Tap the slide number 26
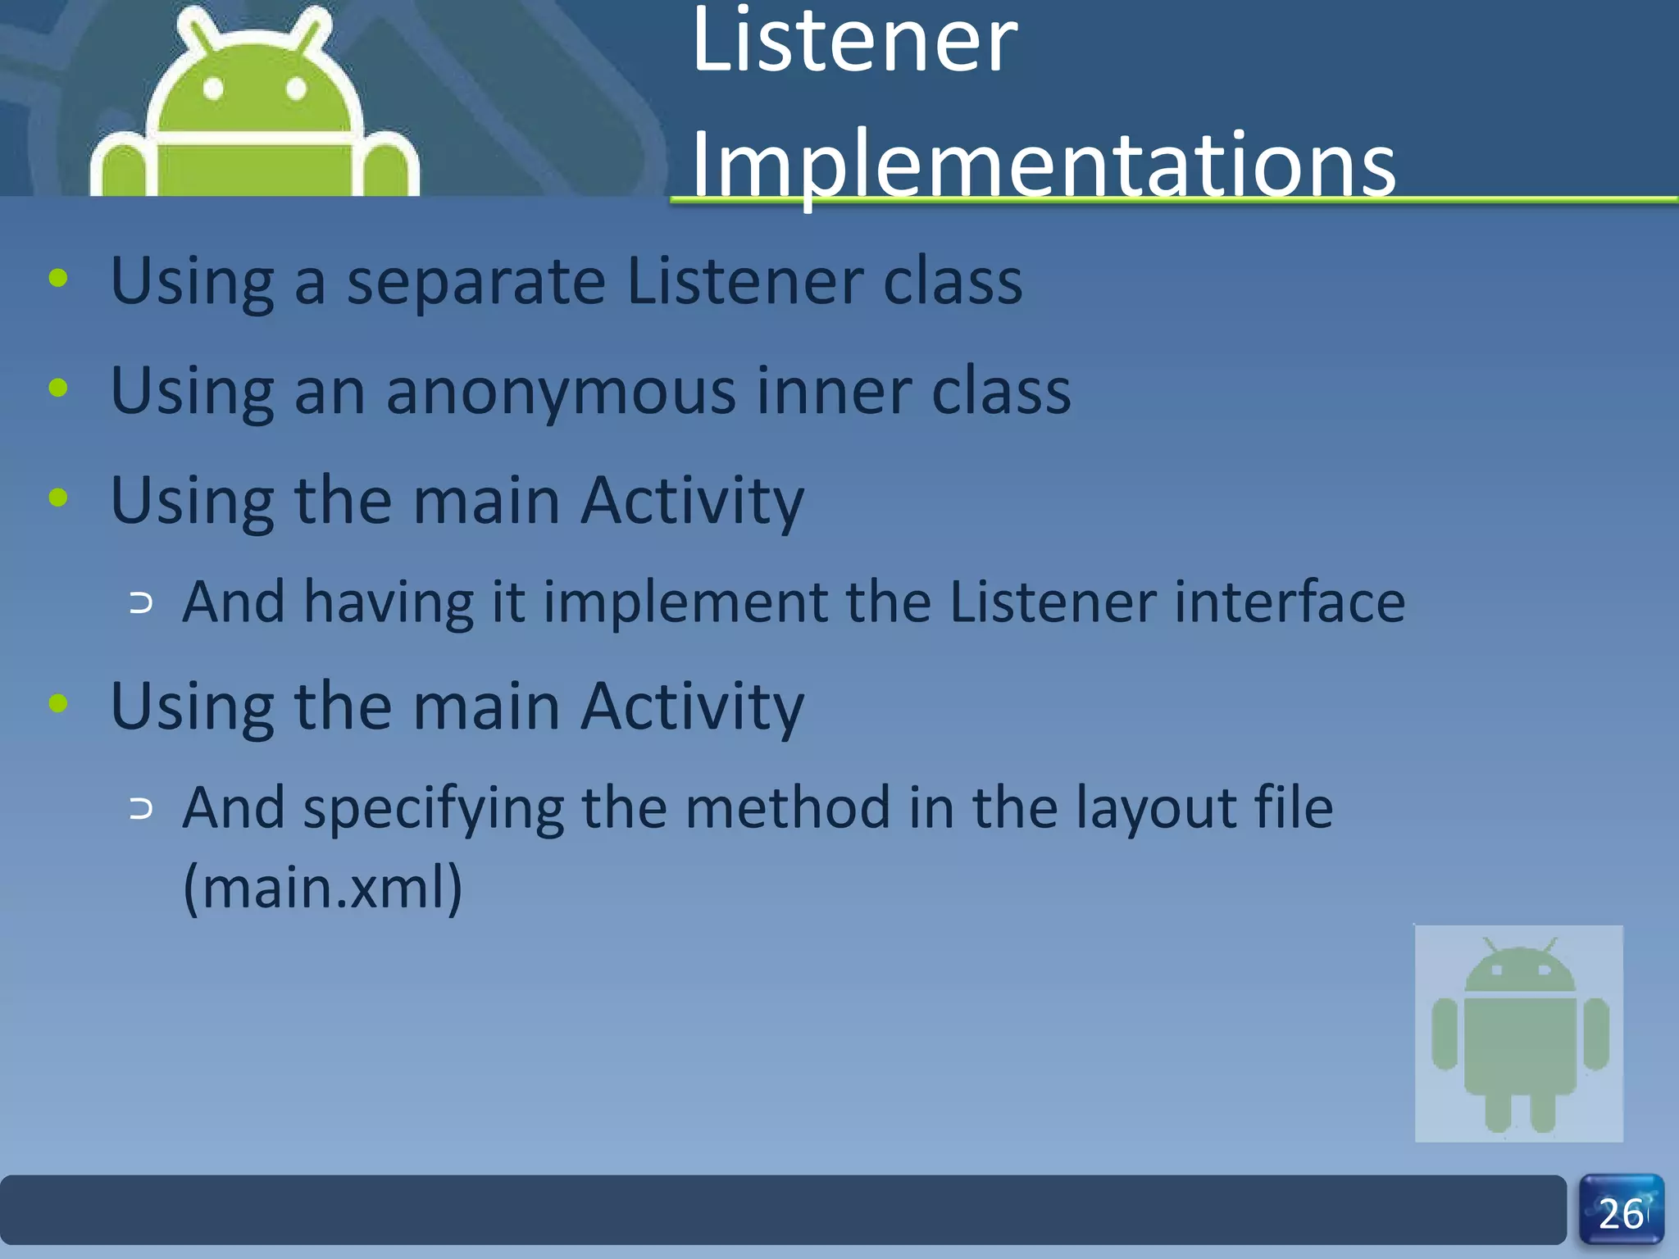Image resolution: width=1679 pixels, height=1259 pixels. pos(1621,1214)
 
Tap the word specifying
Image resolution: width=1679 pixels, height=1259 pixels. pos(433,809)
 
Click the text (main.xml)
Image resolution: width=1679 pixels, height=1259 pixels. pos(323,887)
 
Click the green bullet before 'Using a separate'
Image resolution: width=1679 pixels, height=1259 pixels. pos(58,278)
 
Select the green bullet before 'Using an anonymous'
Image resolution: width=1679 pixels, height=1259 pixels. pos(58,388)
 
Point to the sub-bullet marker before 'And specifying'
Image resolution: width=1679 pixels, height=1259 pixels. pos(141,810)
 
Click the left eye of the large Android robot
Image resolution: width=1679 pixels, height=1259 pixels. pos(213,88)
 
